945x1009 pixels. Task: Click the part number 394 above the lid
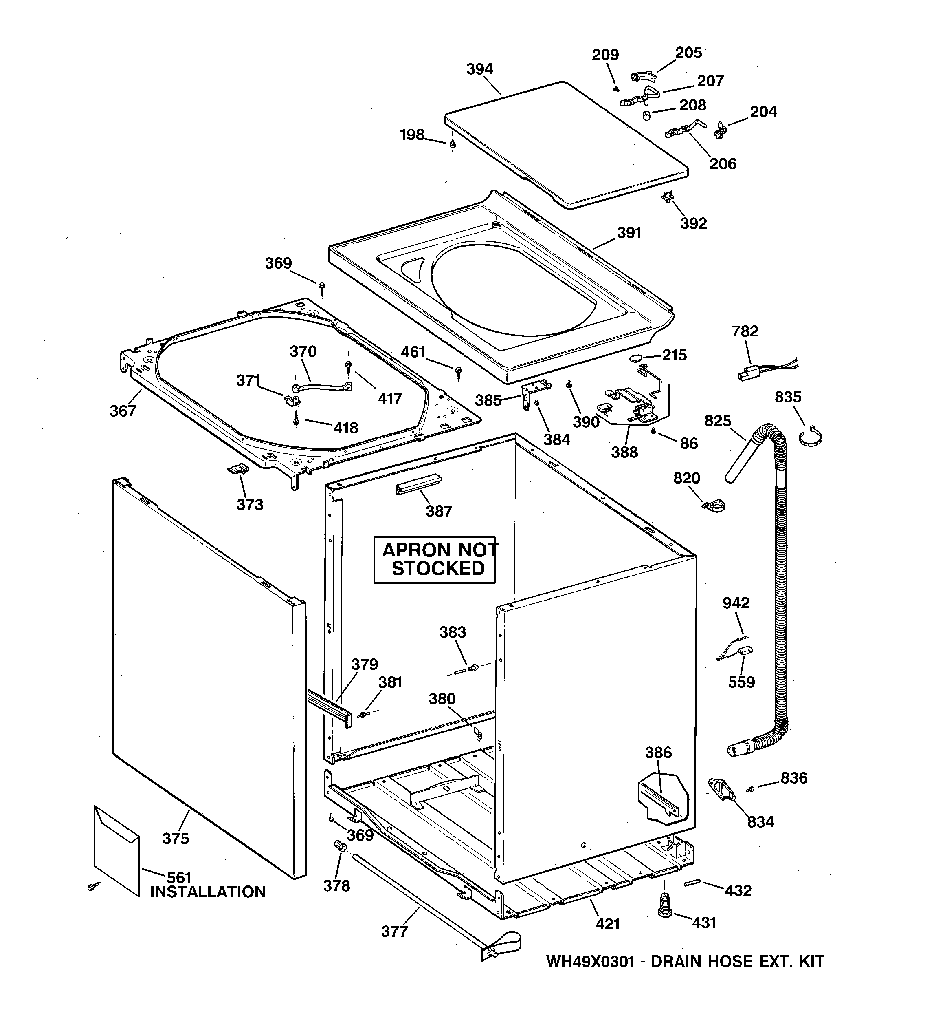[479, 69]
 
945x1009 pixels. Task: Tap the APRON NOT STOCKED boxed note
[435, 559]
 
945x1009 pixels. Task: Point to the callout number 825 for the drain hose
[718, 421]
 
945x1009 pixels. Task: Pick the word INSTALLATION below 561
[207, 892]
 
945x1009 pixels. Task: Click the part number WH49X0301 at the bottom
[590, 961]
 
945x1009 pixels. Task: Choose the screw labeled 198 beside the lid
[453, 145]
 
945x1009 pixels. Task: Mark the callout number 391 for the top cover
[629, 233]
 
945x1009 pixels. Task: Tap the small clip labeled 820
[714, 506]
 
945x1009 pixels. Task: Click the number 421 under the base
[607, 924]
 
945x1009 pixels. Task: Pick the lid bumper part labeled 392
[668, 197]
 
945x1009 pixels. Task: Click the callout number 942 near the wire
[736, 603]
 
